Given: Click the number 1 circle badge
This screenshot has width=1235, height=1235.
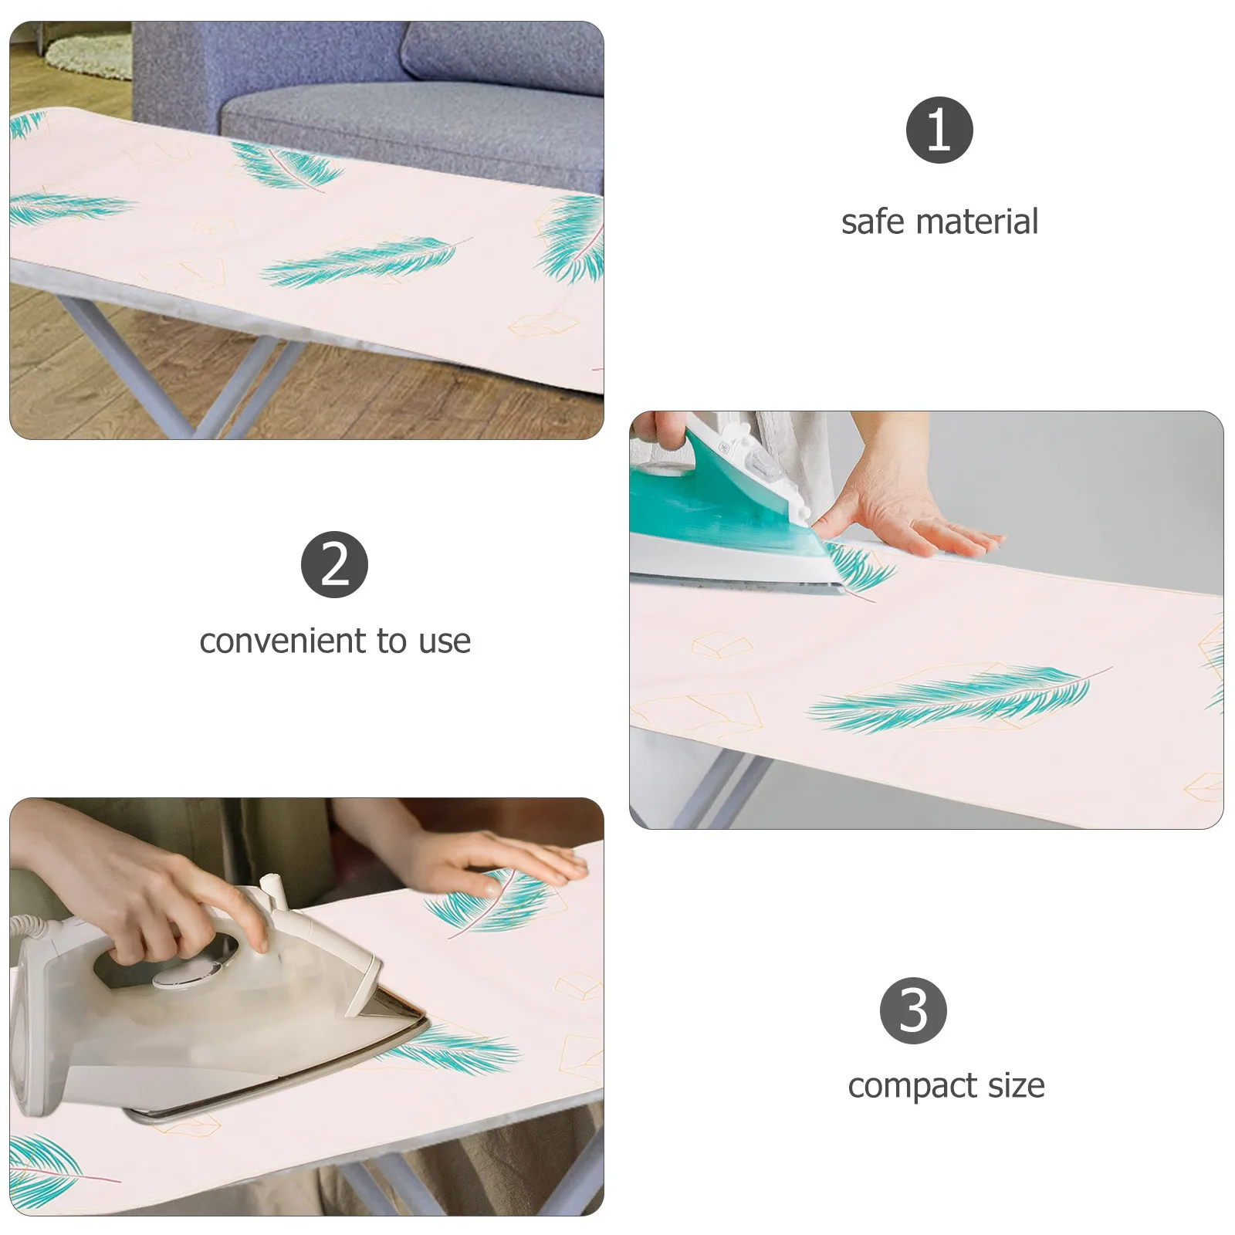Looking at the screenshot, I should point(939,130).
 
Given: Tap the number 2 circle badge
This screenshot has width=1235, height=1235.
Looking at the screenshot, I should point(334,564).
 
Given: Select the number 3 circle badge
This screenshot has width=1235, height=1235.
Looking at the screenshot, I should point(913,1011).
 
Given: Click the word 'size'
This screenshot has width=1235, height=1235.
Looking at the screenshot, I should point(1016,1086).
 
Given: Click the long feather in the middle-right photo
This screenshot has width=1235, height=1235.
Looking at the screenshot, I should point(957,699).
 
